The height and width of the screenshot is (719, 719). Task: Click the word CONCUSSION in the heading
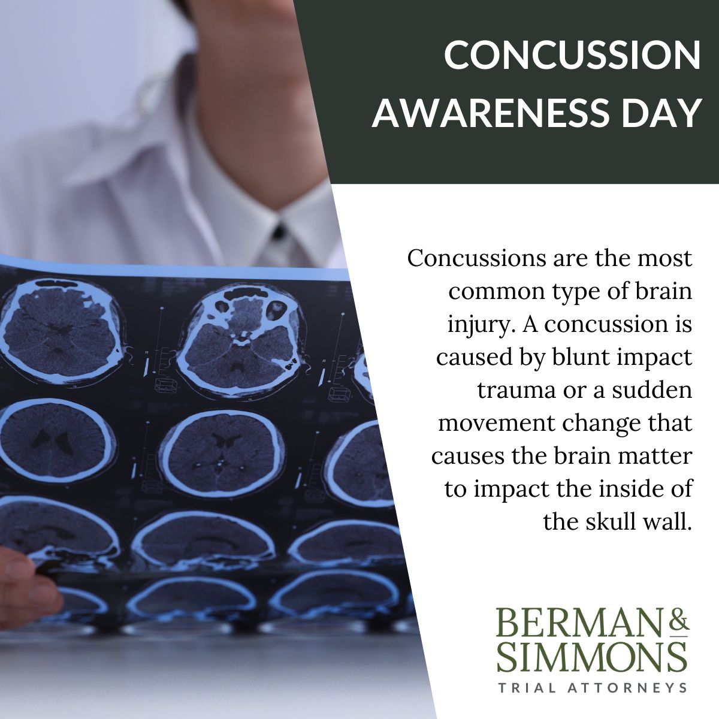point(572,55)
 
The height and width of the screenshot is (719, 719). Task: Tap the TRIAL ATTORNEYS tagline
point(592,687)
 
